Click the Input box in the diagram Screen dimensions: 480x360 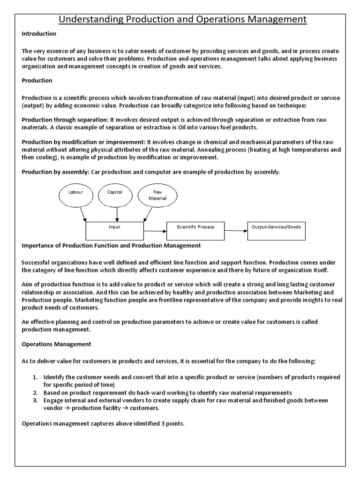(114, 230)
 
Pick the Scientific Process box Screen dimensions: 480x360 (195, 230)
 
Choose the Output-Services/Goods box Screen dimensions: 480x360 (276, 230)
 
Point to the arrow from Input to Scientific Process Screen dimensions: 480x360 (155, 231)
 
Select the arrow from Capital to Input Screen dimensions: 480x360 (117, 214)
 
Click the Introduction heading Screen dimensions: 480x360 (39, 34)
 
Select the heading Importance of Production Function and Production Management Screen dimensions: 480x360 (111, 245)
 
